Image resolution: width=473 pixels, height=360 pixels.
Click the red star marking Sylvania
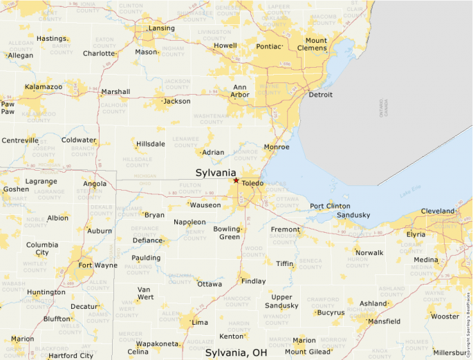click(x=236, y=180)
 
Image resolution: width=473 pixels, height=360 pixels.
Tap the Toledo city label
click(x=253, y=183)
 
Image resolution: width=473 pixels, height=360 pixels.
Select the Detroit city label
click(x=320, y=95)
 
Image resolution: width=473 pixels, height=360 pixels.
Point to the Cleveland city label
click(x=438, y=211)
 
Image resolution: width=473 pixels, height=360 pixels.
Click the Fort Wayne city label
click(x=98, y=265)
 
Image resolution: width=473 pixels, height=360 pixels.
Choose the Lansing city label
click(x=162, y=28)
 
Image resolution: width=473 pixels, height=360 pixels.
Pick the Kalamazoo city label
click(x=44, y=87)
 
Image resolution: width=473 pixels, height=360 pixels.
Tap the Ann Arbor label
click(x=240, y=91)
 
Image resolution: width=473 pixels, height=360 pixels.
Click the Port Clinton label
click(x=330, y=206)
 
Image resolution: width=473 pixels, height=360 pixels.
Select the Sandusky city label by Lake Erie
click(x=353, y=215)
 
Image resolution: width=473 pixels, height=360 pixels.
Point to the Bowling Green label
click(x=226, y=232)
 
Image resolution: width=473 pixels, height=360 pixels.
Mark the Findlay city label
click(x=253, y=281)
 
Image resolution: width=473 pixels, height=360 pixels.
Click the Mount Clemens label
click(x=312, y=44)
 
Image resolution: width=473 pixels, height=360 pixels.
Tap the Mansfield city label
click(x=384, y=321)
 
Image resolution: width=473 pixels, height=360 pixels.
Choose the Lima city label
click(x=199, y=323)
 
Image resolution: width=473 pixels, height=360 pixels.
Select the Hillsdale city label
click(x=151, y=144)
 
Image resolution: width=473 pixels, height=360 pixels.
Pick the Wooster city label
click(x=445, y=316)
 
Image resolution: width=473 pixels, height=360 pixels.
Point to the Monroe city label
click(x=277, y=147)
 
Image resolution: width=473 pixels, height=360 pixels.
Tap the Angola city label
click(x=95, y=184)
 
